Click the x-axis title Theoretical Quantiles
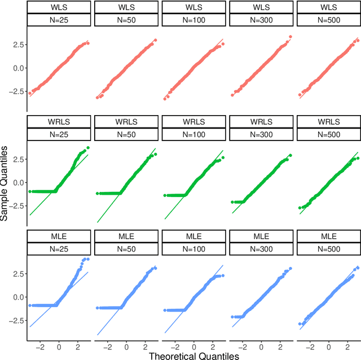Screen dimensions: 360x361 [193, 355]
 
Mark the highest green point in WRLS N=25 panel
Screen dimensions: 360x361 [88, 148]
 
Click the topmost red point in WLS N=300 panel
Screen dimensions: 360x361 [290, 37]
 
